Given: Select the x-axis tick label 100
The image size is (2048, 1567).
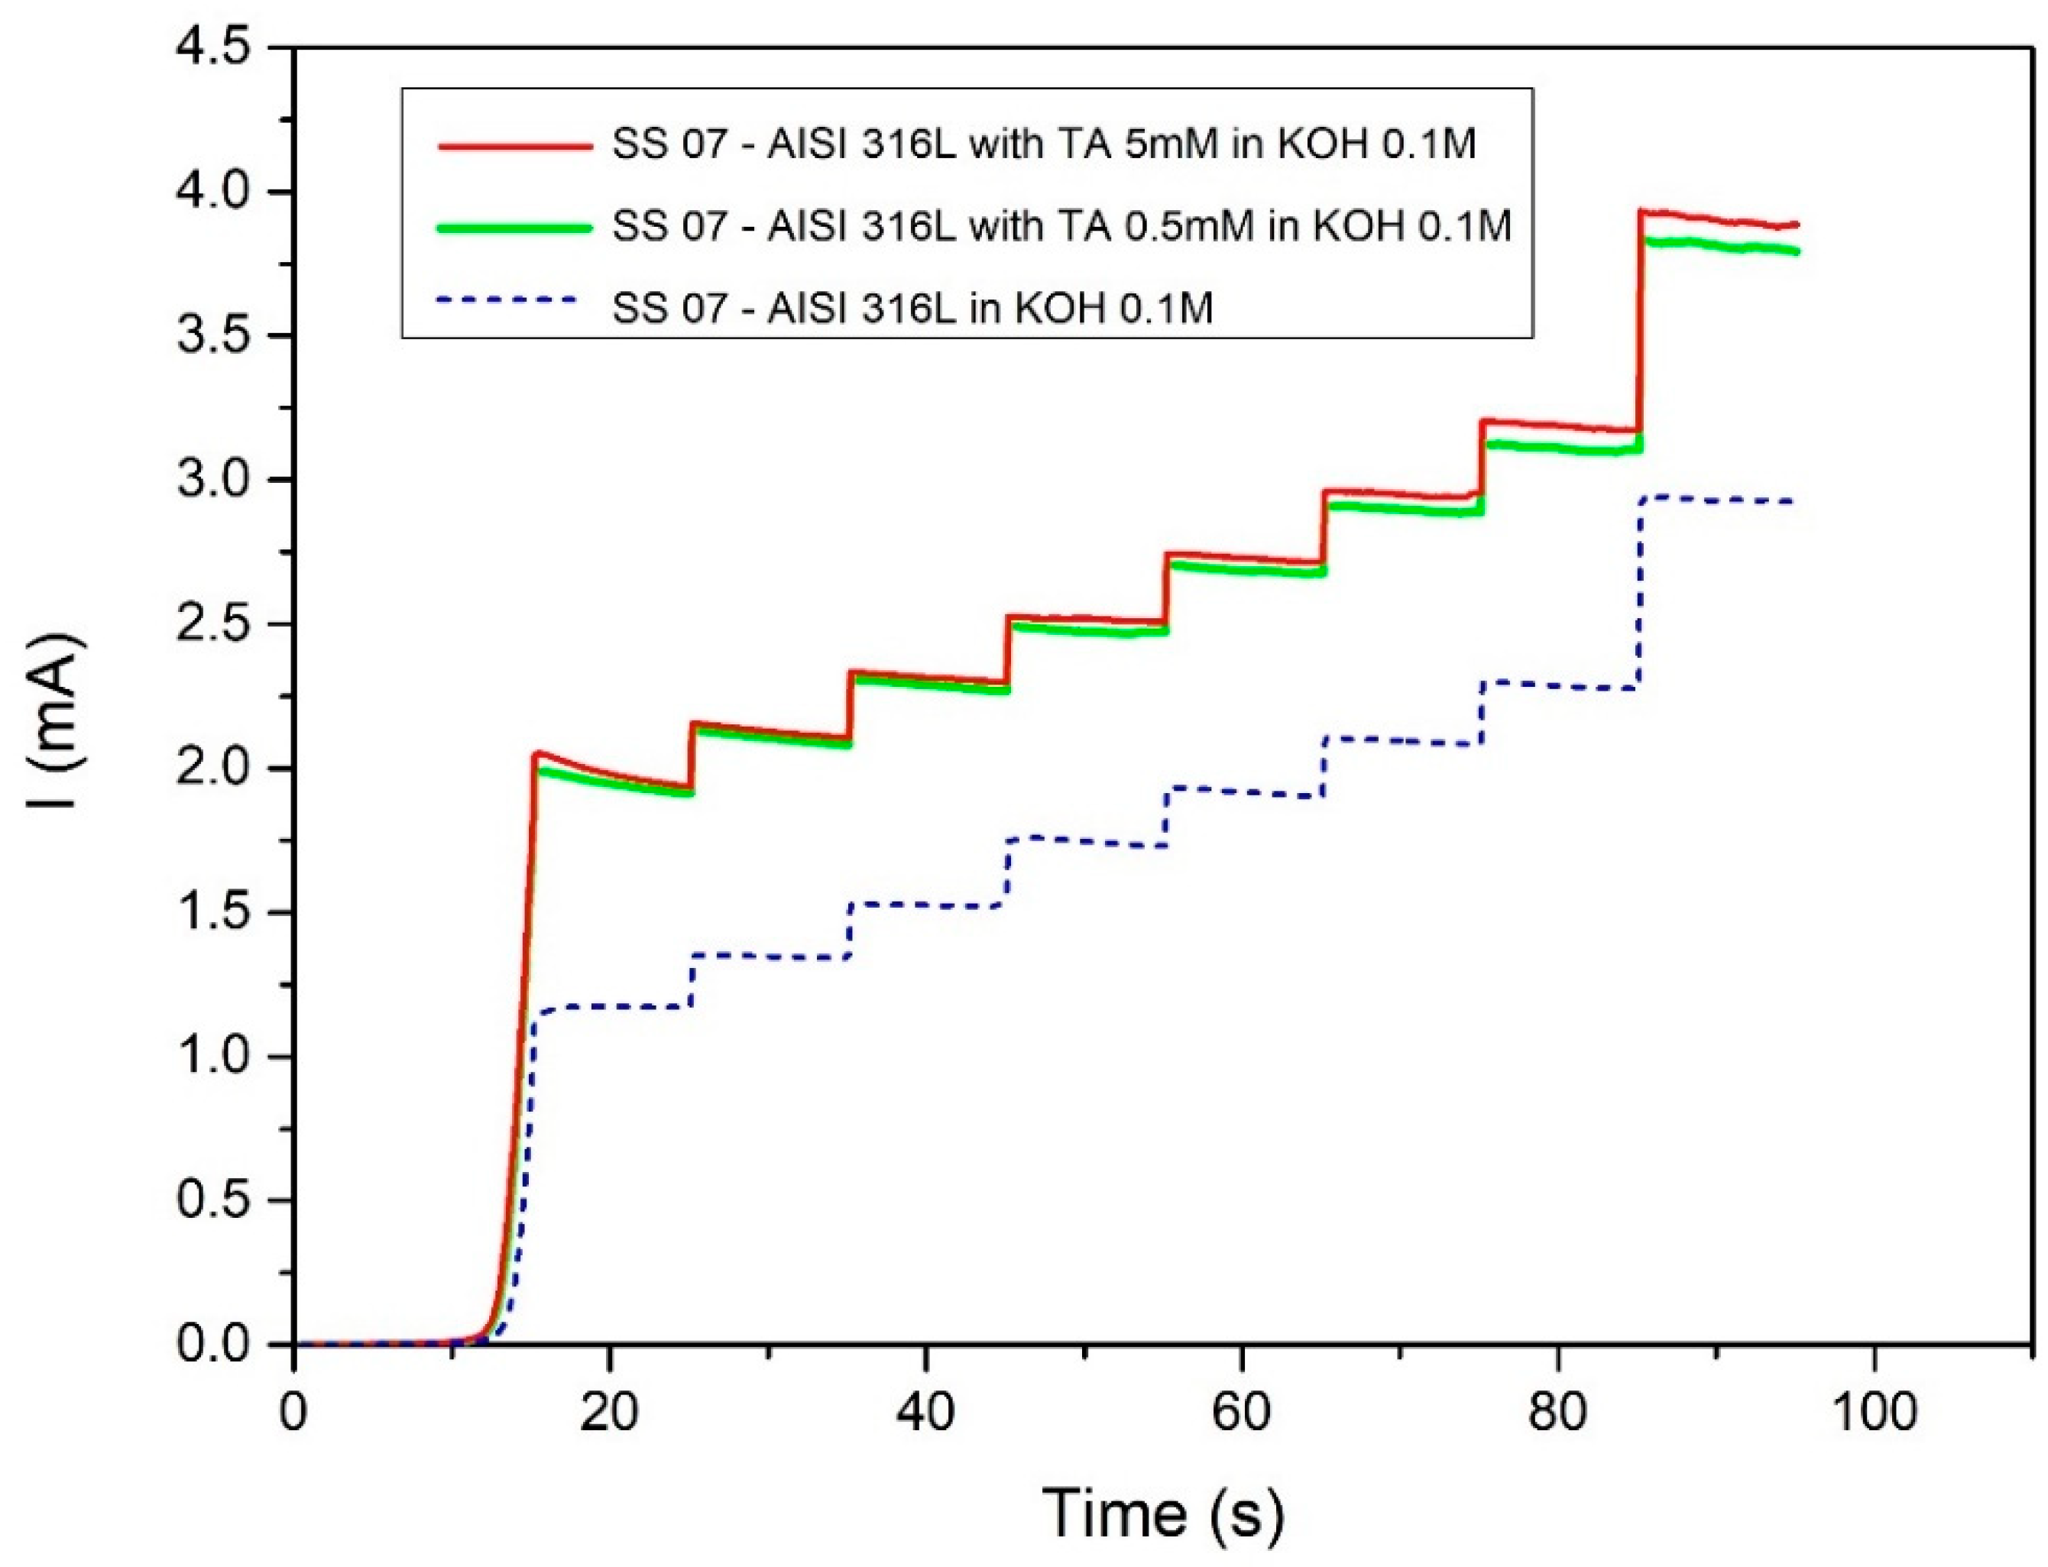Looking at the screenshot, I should point(1874,1413).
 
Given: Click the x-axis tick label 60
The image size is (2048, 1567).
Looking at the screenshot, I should point(1241,1413).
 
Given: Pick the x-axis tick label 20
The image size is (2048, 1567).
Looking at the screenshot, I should point(608,1413).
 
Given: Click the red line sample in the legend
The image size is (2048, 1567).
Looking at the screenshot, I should point(514,147).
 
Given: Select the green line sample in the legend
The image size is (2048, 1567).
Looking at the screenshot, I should point(514,227).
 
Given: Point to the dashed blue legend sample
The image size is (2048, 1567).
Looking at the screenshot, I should point(514,300).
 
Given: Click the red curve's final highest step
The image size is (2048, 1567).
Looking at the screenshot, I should point(1717,219).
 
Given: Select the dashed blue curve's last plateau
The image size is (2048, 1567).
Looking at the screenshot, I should point(1717,500).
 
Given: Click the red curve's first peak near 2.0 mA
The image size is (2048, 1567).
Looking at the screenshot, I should point(540,753).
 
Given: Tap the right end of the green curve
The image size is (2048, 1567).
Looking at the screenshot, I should point(1796,251).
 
